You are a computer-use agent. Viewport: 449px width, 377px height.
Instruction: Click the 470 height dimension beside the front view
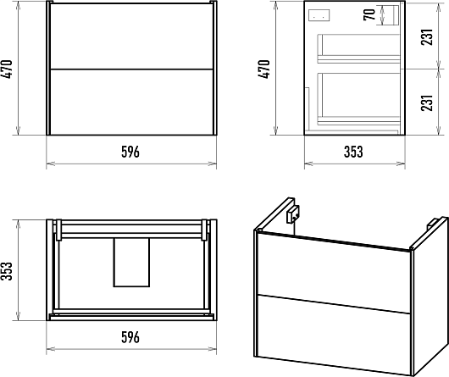coord(7,69)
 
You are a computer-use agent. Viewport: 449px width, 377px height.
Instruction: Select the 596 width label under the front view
coord(130,152)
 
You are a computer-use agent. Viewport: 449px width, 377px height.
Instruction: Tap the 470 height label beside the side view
coord(264,69)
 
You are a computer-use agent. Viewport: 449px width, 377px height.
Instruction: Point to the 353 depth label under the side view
coord(353,152)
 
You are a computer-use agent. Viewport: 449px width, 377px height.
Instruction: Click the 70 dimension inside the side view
coord(369,14)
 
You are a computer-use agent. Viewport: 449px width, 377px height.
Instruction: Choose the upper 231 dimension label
coord(427,37)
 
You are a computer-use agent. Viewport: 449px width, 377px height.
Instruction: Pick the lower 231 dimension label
coord(427,103)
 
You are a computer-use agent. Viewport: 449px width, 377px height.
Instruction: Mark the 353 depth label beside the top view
coord(7,271)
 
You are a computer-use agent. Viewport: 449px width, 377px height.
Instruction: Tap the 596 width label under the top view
coord(130,337)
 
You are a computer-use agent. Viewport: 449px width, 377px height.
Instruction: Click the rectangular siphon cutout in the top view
coord(131,263)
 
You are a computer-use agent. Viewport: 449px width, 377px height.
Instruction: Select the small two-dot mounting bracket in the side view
coord(319,15)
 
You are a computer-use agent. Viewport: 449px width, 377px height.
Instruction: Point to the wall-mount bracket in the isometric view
coord(293,214)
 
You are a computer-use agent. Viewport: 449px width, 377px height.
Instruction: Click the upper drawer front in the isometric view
coord(334,273)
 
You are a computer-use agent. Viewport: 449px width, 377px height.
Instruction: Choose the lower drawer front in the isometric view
coord(334,335)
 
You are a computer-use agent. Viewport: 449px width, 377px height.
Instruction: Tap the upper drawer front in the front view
coord(131,36)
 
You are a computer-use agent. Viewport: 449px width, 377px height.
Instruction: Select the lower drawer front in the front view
coord(131,103)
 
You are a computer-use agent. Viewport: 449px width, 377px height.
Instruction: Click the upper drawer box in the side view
coord(358,48)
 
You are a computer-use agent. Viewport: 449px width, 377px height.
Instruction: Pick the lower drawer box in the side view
coord(358,99)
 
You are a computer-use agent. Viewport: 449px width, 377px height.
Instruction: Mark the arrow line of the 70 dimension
coord(382,15)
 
